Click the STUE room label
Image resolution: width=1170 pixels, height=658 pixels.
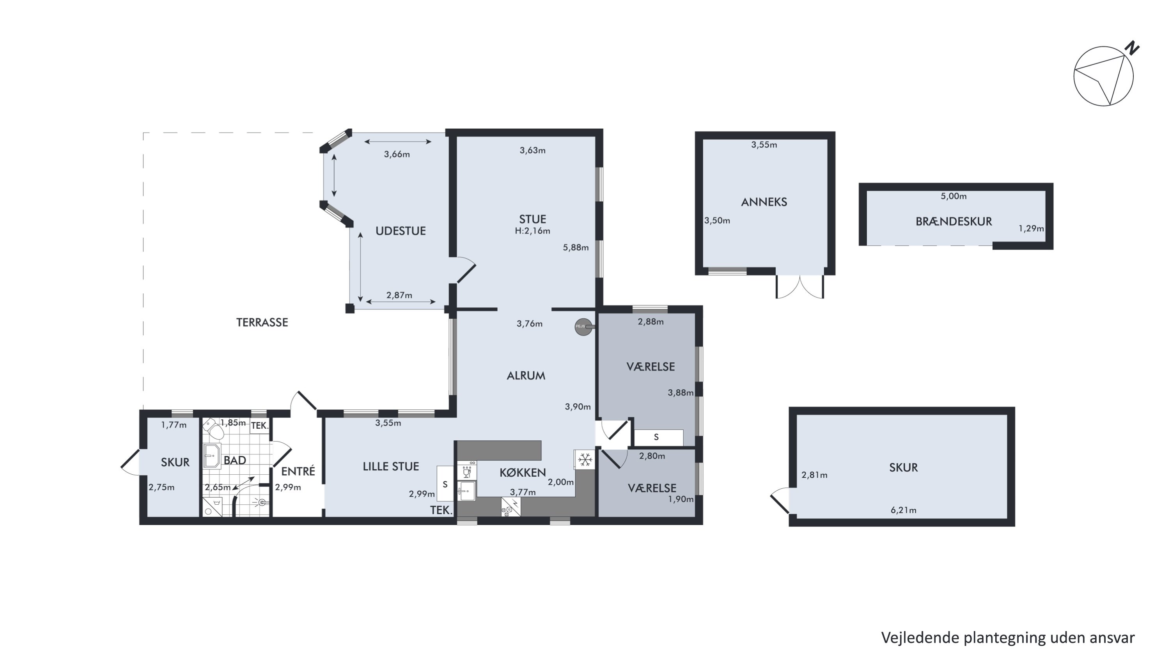click(532, 219)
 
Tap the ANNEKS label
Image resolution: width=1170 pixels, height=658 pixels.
click(764, 202)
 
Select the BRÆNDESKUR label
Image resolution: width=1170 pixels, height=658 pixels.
click(953, 222)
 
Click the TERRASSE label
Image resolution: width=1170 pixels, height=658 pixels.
click(262, 323)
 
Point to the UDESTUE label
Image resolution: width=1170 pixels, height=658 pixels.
click(401, 231)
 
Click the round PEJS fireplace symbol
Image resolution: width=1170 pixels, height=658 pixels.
click(583, 326)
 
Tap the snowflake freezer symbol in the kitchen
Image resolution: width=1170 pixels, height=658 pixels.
click(585, 459)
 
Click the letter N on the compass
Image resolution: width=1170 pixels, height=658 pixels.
click(1132, 48)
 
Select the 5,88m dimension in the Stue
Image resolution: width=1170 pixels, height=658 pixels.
click(576, 248)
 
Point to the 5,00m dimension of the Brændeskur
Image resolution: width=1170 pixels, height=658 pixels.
click(953, 196)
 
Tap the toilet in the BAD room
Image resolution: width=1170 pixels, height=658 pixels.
click(213, 429)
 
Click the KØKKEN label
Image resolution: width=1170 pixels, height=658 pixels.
click(522, 473)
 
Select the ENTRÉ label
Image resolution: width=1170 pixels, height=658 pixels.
click(298, 471)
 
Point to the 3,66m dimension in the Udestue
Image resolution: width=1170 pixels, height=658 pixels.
click(397, 154)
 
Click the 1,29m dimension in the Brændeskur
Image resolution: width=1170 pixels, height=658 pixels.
click(1031, 229)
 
